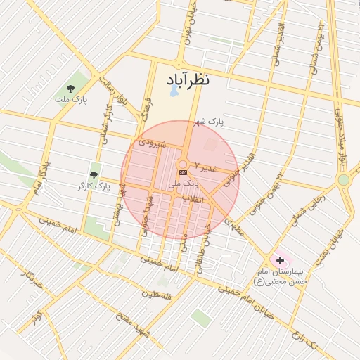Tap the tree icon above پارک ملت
click(x=70, y=89)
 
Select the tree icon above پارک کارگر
click(x=94, y=175)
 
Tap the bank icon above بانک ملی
click(x=184, y=172)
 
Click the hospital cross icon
click(x=281, y=260)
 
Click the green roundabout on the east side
click(x=343, y=180)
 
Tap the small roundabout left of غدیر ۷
click(x=182, y=164)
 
